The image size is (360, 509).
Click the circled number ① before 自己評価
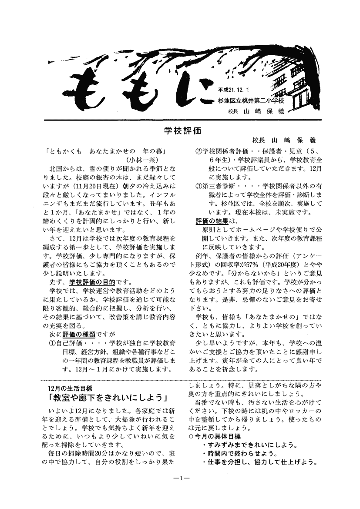pyautogui.click(x=52, y=344)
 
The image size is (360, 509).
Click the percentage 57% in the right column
pyautogui.click(x=276, y=264)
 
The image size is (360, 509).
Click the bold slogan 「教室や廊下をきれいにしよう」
pyautogui.click(x=108, y=398)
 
